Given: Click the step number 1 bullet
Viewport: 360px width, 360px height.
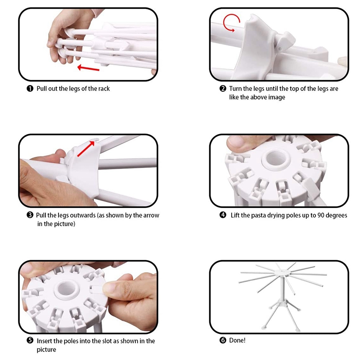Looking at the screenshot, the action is (30, 89).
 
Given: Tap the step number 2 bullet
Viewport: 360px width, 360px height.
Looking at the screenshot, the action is (223, 89).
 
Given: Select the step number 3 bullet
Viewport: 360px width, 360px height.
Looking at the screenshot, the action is (30, 215).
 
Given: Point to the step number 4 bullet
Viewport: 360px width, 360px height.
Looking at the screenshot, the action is (223, 215).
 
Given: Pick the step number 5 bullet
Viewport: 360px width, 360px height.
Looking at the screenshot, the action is (30, 340).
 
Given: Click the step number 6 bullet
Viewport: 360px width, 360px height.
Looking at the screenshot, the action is (223, 340).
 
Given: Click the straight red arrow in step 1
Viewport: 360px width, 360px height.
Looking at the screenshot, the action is (88, 68).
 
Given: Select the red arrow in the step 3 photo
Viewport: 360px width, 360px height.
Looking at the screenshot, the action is (86, 149).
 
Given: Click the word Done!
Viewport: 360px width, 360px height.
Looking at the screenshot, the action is (237, 340).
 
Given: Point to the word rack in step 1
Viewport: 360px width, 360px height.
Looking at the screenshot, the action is (104, 89).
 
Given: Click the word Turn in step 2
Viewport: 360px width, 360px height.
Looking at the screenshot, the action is (235, 89).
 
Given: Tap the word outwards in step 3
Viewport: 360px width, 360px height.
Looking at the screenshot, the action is (83, 215).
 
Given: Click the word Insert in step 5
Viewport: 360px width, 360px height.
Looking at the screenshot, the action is (44, 341).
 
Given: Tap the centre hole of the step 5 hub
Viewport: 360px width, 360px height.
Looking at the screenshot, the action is (67, 288).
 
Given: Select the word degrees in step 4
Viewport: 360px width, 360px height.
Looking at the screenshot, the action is (336, 216).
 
